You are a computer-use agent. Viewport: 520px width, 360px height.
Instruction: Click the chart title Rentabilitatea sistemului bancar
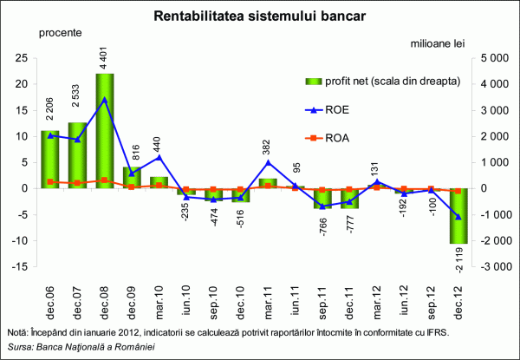pyautogui.click(x=259, y=16)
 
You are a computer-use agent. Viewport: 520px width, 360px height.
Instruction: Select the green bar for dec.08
pyautogui.click(x=105, y=130)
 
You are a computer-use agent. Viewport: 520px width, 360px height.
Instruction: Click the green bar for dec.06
pyautogui.click(x=49, y=160)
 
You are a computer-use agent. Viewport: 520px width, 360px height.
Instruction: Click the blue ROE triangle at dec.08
pyautogui.click(x=105, y=100)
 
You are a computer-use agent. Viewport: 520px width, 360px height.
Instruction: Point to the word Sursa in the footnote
pyautogui.click(x=19, y=348)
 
